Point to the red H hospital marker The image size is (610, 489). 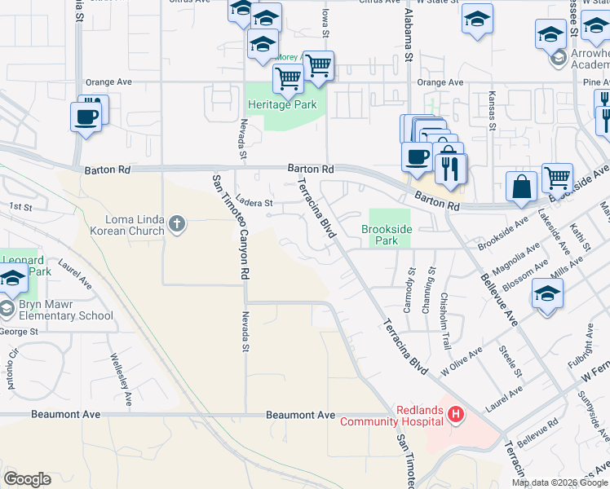point(456,415)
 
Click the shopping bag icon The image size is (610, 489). point(521,187)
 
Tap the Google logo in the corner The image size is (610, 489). point(27,479)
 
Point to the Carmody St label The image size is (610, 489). point(409,293)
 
